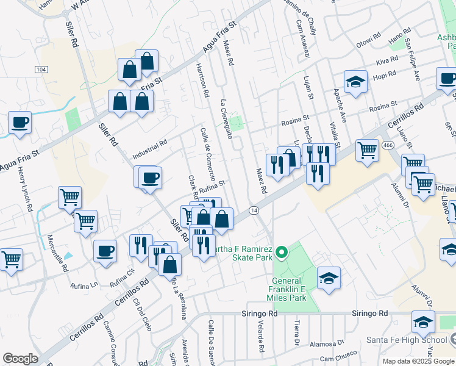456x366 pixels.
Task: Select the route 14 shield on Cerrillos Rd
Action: pyautogui.click(x=254, y=210)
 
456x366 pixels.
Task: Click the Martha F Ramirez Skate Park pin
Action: pyautogui.click(x=281, y=251)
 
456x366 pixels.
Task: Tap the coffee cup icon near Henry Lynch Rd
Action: pyautogui.click(x=20, y=121)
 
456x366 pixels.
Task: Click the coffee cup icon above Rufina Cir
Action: pyautogui.click(x=105, y=250)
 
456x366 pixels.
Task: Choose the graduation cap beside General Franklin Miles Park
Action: pyautogui.click(x=329, y=278)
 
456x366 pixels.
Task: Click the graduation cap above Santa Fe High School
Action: pyautogui.click(x=423, y=321)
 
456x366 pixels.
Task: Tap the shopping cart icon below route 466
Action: pyautogui.click(x=366, y=149)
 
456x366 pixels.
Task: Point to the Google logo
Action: pyautogui.click(x=21, y=358)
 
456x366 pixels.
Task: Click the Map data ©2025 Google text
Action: pyautogui.click(x=418, y=361)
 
